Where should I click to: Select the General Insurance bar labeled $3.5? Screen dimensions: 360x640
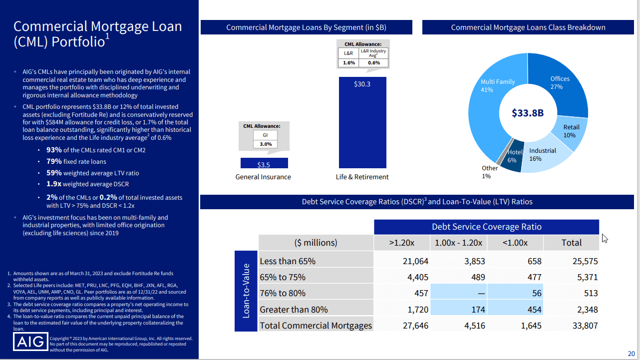pos(264,163)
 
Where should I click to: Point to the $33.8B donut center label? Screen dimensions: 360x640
pos(527,113)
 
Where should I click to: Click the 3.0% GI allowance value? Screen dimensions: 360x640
pos(265,144)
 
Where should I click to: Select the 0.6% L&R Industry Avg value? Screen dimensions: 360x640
pos(373,63)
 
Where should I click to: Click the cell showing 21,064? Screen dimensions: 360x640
pos(415,261)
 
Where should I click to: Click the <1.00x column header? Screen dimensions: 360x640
pos(515,243)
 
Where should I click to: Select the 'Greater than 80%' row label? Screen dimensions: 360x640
pos(294,310)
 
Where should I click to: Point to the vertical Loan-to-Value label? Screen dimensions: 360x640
pos(246,291)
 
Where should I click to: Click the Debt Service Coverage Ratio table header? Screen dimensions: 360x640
pos(486,227)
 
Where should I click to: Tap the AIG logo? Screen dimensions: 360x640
pos(31,343)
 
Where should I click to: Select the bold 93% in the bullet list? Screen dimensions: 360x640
pos(54,150)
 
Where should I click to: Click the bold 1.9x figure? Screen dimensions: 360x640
pos(53,184)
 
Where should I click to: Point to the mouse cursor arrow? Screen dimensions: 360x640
pos(605,238)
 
